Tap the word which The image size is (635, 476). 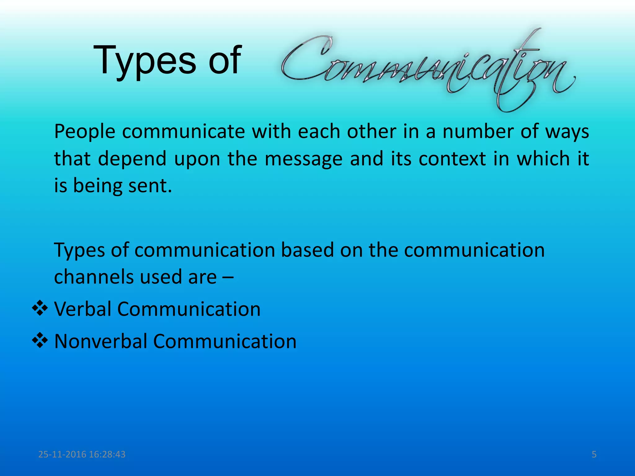click(543, 158)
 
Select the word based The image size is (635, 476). click(307, 250)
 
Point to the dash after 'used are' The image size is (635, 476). click(228, 277)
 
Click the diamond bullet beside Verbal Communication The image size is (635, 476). click(40, 308)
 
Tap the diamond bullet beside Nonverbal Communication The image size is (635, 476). click(40, 341)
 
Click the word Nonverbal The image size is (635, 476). click(100, 341)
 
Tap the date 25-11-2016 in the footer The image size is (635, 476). click(62, 454)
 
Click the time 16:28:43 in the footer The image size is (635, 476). click(107, 454)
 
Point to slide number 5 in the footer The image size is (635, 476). click(594, 454)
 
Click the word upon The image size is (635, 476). click(197, 159)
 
